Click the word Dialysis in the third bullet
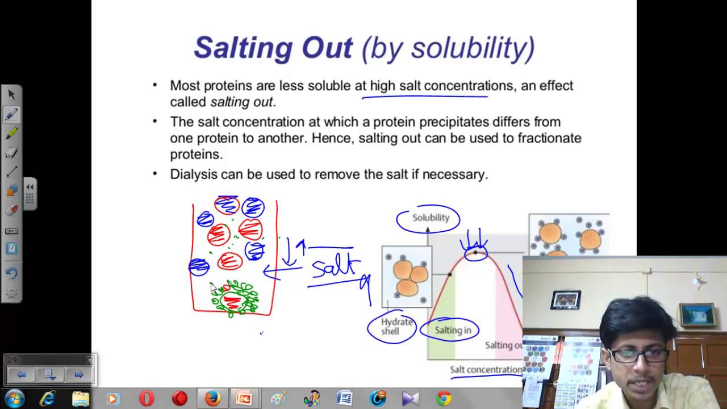coord(193,174)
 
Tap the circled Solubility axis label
coord(430,218)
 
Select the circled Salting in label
coord(453,330)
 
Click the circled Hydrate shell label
coord(391,327)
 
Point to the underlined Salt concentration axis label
coord(486,370)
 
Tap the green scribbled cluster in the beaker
coord(235,298)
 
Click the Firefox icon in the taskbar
coord(213,399)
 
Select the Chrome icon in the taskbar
coord(444,399)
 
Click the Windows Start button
coord(14,399)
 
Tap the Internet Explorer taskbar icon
coord(48,399)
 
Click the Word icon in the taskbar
coord(345,399)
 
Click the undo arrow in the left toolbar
coord(11,273)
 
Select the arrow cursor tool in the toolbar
coord(11,94)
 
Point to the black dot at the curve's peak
coord(475,252)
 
